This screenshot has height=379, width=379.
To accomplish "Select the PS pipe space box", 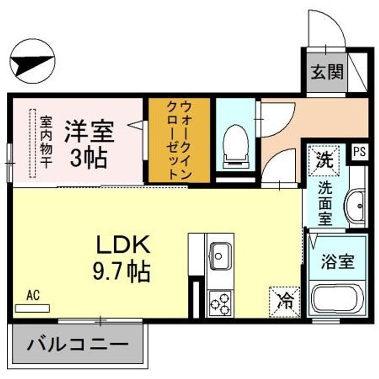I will coord(359,152).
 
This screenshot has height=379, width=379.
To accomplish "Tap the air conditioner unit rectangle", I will coord(33,307).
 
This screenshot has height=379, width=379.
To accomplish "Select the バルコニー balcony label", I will coord(77,346).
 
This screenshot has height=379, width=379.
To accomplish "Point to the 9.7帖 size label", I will coord(122,272).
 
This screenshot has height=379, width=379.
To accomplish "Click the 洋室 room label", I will coord(89,132).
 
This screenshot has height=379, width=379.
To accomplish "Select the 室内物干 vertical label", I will coord(46,142).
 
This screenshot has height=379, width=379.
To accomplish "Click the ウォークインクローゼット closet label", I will coord(179,141).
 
